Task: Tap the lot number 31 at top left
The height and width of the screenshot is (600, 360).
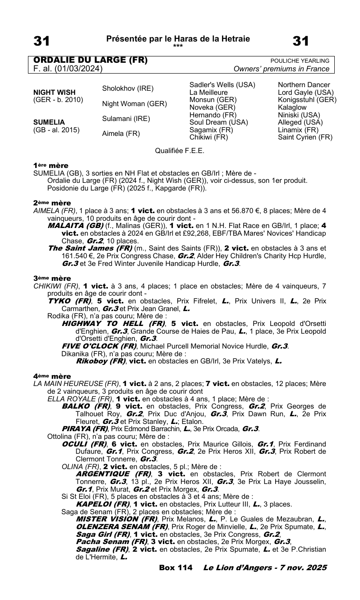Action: pyautogui.click(x=41, y=41)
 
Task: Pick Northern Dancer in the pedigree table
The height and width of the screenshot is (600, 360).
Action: pyautogui.click(x=304, y=85)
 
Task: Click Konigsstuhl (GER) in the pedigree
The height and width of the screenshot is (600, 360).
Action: pyautogui.click(x=307, y=100)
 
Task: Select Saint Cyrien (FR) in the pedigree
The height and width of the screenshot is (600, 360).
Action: pyautogui.click(x=305, y=137)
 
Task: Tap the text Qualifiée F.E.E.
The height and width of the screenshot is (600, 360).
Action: pyautogui.click(x=180, y=150)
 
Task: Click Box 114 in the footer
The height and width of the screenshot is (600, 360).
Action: pyautogui.click(x=176, y=567)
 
